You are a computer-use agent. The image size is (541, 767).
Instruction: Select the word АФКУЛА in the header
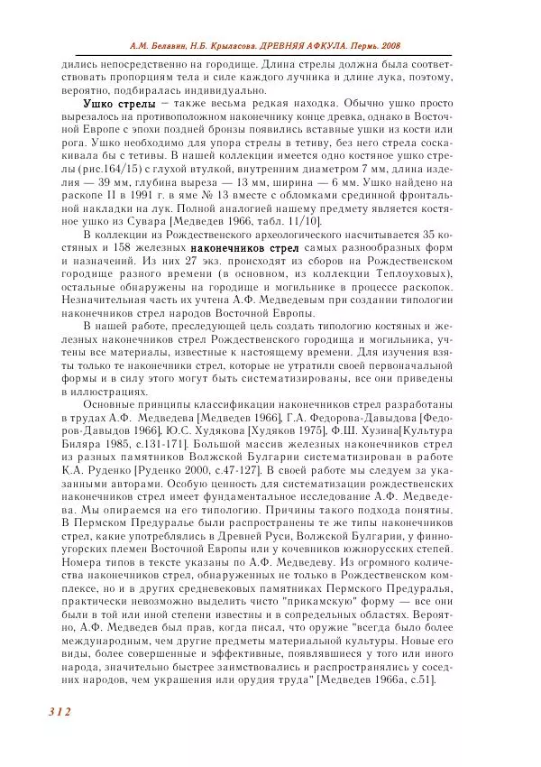pyautogui.click(x=317, y=46)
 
